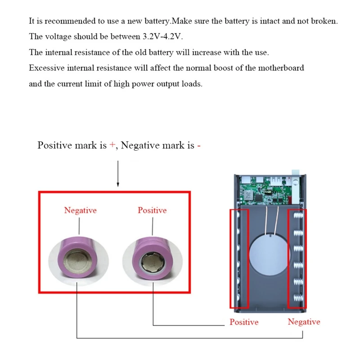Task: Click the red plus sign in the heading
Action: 112,145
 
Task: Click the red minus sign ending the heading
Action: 198,145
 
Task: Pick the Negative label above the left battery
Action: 80,210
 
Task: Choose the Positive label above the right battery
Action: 152,210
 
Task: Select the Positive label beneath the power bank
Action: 244,322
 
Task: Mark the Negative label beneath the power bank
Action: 304,322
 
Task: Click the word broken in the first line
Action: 324,21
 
